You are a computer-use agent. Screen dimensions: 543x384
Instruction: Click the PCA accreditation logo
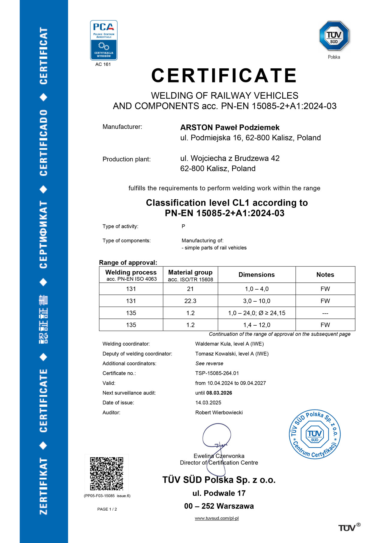click(104, 40)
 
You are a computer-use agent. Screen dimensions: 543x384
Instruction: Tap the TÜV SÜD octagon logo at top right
click(334, 36)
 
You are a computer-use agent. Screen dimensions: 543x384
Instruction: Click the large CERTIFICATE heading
click(224, 75)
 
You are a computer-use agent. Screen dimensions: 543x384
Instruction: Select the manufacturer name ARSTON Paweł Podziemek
click(230, 127)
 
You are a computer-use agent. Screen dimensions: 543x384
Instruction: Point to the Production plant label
click(127, 159)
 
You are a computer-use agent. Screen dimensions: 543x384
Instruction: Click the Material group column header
click(190, 275)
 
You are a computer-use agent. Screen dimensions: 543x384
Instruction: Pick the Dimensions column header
click(256, 275)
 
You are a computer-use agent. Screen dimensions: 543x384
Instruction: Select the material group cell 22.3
click(190, 301)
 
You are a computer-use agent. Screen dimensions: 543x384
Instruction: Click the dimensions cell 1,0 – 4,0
click(256, 289)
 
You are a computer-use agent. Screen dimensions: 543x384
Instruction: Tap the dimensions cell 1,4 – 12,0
click(256, 325)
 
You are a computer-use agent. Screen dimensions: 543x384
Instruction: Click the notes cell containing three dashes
click(325, 313)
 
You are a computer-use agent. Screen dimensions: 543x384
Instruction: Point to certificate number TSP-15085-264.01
click(217, 373)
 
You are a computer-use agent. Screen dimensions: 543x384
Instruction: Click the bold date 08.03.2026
click(219, 393)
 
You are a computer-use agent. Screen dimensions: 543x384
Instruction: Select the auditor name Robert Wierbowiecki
click(219, 413)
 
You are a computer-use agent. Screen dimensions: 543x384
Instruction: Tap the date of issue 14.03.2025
click(208, 403)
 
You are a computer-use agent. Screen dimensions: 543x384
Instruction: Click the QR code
click(106, 473)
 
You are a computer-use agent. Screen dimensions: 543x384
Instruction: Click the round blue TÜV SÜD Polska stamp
click(315, 434)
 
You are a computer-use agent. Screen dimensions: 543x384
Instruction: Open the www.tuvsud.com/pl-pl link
click(217, 518)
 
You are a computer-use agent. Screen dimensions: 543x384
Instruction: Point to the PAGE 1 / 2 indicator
click(107, 509)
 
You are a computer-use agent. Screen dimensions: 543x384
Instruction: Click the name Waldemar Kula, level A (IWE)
click(229, 344)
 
